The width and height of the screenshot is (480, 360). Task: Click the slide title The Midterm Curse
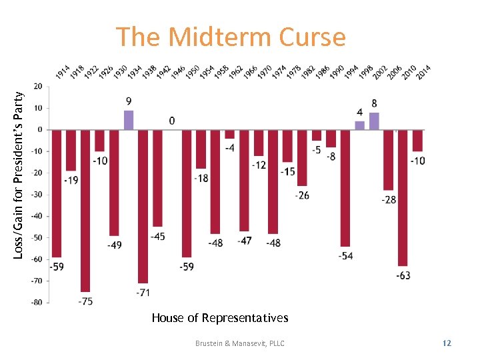coord(231,37)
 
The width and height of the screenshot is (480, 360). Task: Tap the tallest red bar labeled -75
coord(85,210)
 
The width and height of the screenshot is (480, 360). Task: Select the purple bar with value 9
coord(129,120)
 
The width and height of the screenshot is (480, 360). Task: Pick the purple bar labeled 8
coord(374,121)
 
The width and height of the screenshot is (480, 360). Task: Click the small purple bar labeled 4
coord(360,125)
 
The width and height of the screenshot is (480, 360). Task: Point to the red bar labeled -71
coord(143,206)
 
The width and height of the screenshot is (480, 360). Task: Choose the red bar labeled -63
coord(403,197)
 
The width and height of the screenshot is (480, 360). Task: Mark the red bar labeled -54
coord(345,188)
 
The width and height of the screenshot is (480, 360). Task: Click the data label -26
coord(302,195)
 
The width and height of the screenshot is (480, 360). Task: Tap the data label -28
coord(387,200)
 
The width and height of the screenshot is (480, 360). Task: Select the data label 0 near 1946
coord(172,121)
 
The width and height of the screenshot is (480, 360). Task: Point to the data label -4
coord(229,147)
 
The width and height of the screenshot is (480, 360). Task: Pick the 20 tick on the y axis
coord(38,86)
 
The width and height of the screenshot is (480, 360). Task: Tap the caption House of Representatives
coord(219,318)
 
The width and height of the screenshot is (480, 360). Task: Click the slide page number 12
coord(447,343)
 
